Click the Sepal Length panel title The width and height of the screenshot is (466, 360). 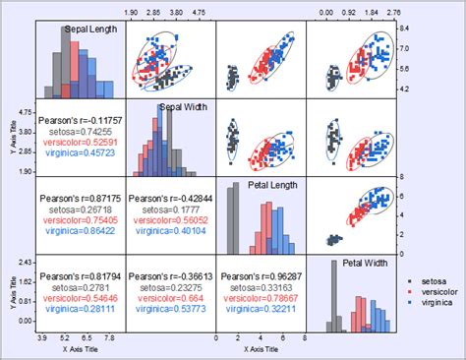90,30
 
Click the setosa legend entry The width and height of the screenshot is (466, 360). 429,282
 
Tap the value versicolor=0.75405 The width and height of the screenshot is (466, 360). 80,220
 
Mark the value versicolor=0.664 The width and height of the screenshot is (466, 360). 169,298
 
